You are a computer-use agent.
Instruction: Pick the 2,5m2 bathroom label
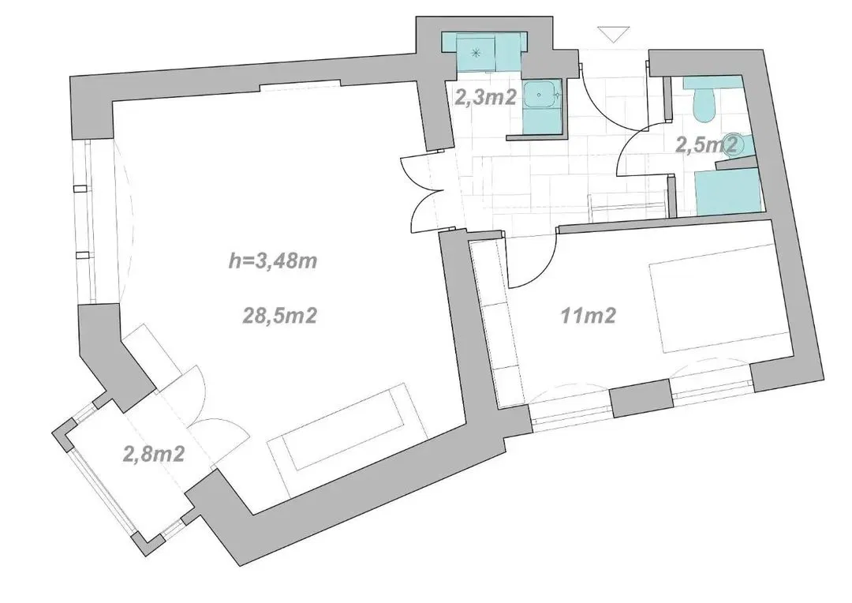point(707,144)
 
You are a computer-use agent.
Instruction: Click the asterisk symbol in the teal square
point(476,53)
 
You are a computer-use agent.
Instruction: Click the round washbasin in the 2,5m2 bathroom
point(737,141)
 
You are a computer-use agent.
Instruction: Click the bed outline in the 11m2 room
point(718,308)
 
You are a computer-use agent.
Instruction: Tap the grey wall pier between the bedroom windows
point(641,399)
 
